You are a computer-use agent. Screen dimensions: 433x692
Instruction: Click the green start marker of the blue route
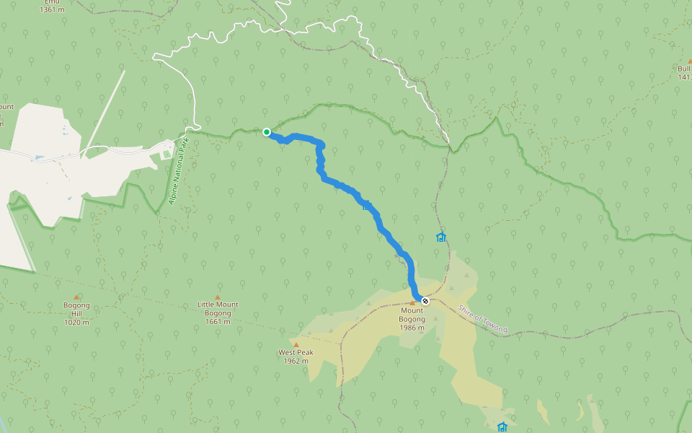pos(267,131)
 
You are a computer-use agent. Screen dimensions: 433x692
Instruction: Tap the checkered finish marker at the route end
pos(425,300)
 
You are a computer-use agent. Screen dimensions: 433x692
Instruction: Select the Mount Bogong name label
pos(412,315)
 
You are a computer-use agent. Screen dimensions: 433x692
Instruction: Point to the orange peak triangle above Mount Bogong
pos(413,303)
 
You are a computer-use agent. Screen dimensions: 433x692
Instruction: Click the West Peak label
pos(296,353)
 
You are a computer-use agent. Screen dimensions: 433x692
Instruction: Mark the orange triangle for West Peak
pos(296,344)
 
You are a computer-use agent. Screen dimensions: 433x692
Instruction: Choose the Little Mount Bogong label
pos(218,309)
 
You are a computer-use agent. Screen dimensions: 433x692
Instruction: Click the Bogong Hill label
pos(76,309)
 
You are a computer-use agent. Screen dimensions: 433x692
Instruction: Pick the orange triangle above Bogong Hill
pos(76,297)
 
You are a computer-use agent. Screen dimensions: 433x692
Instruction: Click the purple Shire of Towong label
pos(482,318)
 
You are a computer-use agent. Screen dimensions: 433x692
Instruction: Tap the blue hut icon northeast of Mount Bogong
pos(440,237)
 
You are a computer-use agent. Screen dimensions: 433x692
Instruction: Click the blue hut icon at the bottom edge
pos(502,427)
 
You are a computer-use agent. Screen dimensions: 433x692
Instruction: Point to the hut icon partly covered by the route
pos(367,206)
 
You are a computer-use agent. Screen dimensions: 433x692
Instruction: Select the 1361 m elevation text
pos(52,10)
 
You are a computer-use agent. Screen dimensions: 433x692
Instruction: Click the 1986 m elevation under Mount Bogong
pos(412,328)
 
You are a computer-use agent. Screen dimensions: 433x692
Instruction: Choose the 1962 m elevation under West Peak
pos(296,361)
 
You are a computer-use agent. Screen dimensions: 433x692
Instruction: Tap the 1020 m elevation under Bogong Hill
pos(76,322)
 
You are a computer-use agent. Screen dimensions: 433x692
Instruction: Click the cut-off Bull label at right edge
pos(683,69)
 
